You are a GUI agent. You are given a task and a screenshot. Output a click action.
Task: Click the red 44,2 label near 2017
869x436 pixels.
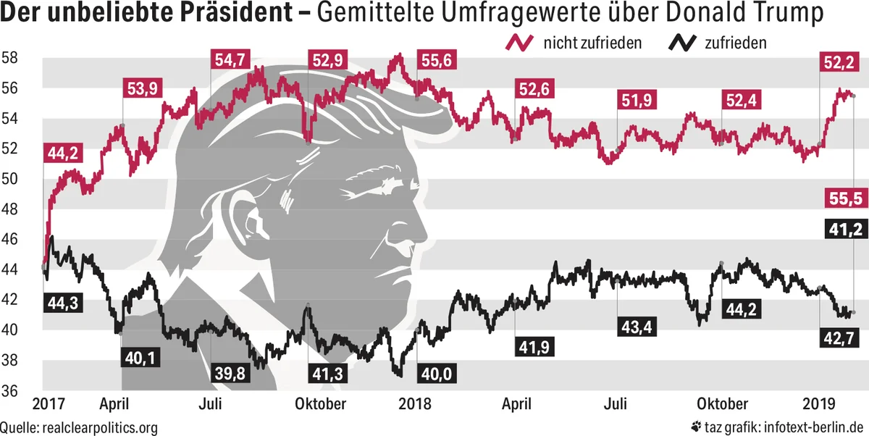pyautogui.click(x=64, y=153)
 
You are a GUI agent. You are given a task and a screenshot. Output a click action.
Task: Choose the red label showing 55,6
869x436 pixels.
pyautogui.click(x=437, y=61)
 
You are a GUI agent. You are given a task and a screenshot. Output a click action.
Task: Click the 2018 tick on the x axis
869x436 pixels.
pyautogui.click(x=416, y=403)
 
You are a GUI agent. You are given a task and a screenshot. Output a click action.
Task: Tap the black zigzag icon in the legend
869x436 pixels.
pyautogui.click(x=680, y=43)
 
